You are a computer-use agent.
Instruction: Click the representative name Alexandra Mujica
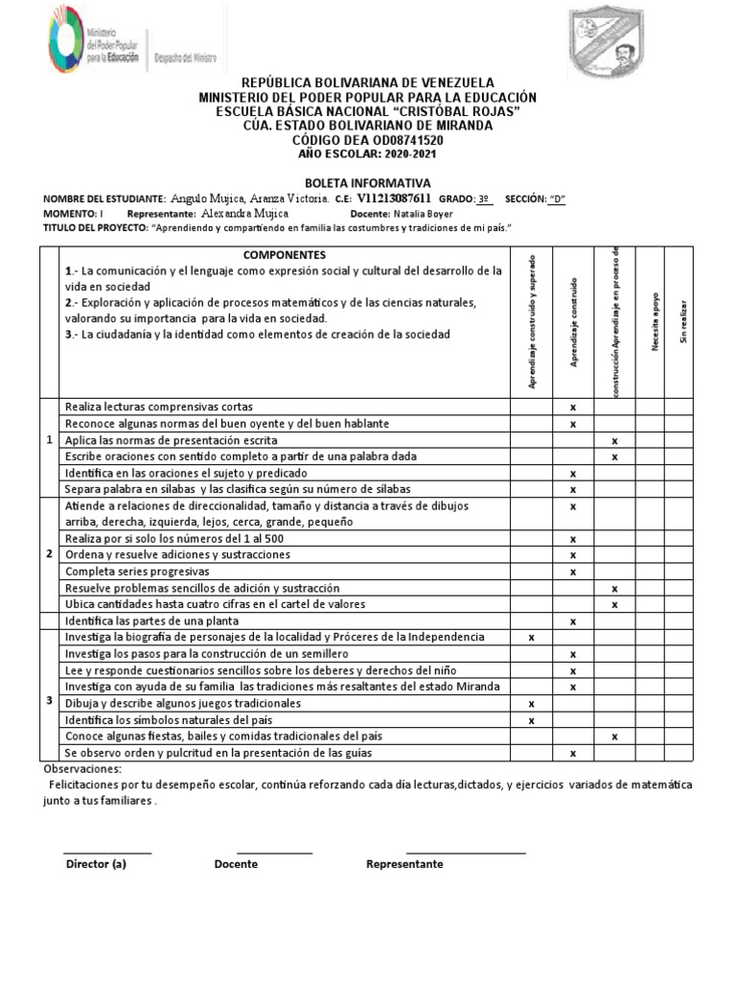[x=245, y=214]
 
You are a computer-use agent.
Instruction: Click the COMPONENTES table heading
[x=284, y=255]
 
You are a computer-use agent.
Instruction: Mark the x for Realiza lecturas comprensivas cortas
[x=573, y=408]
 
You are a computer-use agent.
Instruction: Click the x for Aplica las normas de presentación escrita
[x=614, y=440]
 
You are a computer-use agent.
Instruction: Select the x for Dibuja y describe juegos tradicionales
[x=531, y=704]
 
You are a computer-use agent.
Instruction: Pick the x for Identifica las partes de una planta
[x=573, y=621]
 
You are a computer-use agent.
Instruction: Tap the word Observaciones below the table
[x=83, y=770]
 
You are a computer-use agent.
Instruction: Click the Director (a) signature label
[x=96, y=864]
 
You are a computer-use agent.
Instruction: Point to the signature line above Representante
[x=466, y=852]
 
